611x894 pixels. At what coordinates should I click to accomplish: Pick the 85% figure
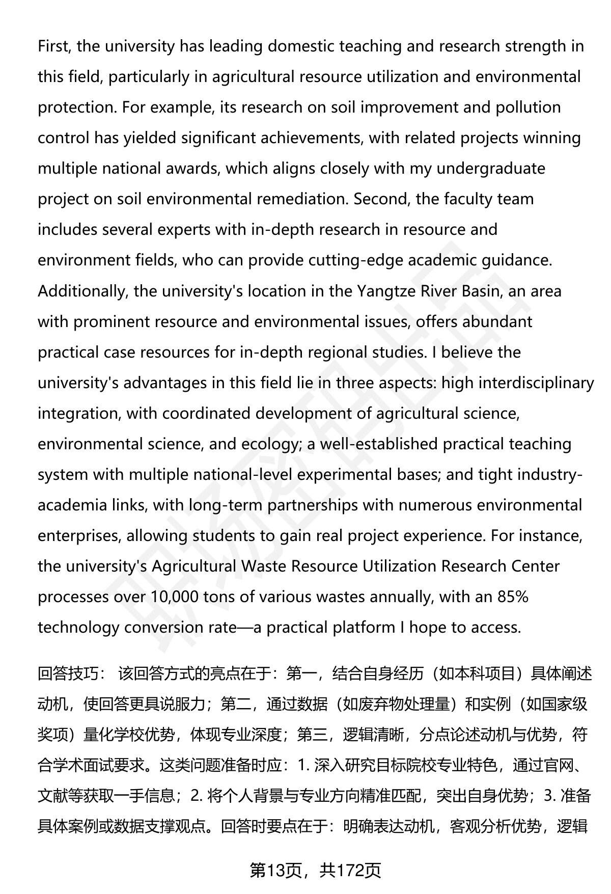point(513,597)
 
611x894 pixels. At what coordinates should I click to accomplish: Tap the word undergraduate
point(491,169)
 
